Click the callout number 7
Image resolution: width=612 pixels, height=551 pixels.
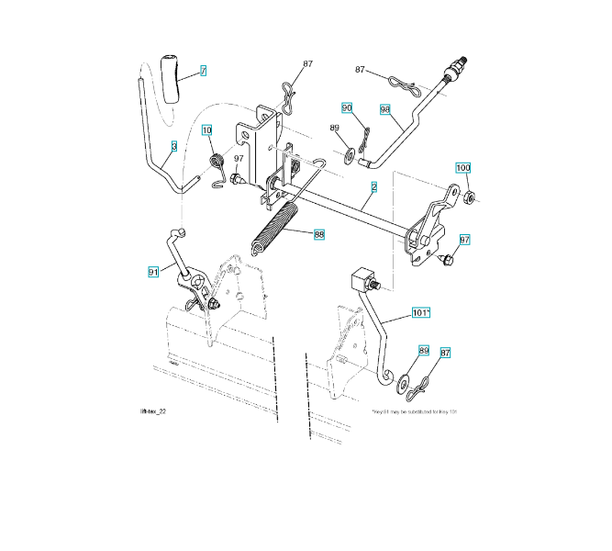coord(203,70)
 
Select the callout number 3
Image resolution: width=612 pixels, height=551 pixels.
coord(172,146)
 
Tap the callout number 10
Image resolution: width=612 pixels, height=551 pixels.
coord(207,130)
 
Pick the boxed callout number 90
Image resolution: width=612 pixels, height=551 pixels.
coord(347,107)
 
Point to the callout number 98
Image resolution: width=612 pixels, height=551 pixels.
coord(385,109)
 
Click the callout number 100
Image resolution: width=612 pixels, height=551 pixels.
coord(463,168)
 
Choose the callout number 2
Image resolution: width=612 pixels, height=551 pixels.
coord(374,188)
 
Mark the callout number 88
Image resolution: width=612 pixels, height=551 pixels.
coord(318,234)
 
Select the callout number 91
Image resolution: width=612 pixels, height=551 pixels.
coord(153,271)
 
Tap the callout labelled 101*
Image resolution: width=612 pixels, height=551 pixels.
coord(420,313)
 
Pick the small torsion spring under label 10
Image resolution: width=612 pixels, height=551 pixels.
coord(218,166)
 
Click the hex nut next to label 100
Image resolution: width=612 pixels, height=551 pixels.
coord(468,197)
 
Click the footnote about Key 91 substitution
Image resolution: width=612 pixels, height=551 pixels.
coord(414,412)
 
